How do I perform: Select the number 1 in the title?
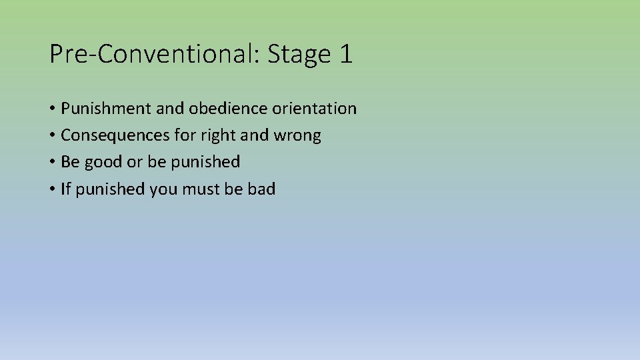[x=345, y=54]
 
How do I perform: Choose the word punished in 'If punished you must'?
[x=111, y=189]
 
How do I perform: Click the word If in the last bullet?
[x=65, y=189]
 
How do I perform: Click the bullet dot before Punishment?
[x=52, y=109]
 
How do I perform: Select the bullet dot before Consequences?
[x=52, y=136]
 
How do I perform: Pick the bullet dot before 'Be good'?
[x=52, y=163]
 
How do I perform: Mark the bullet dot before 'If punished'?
[x=52, y=190]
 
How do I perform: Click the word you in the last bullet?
[x=163, y=190]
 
